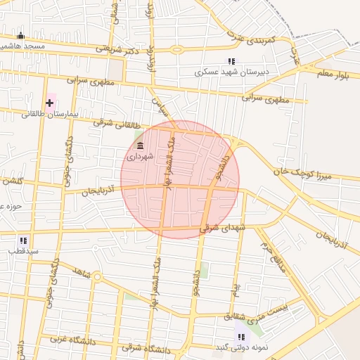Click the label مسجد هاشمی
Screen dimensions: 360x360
coord(22,46)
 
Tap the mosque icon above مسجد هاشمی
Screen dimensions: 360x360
coord(20,36)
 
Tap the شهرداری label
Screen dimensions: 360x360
coord(139,157)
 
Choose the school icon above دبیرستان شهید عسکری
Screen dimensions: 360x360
coord(231,61)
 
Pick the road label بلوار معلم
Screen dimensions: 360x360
coord(331,72)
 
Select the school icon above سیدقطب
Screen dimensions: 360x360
coord(23,240)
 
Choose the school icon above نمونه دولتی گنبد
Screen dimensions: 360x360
coord(242,337)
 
